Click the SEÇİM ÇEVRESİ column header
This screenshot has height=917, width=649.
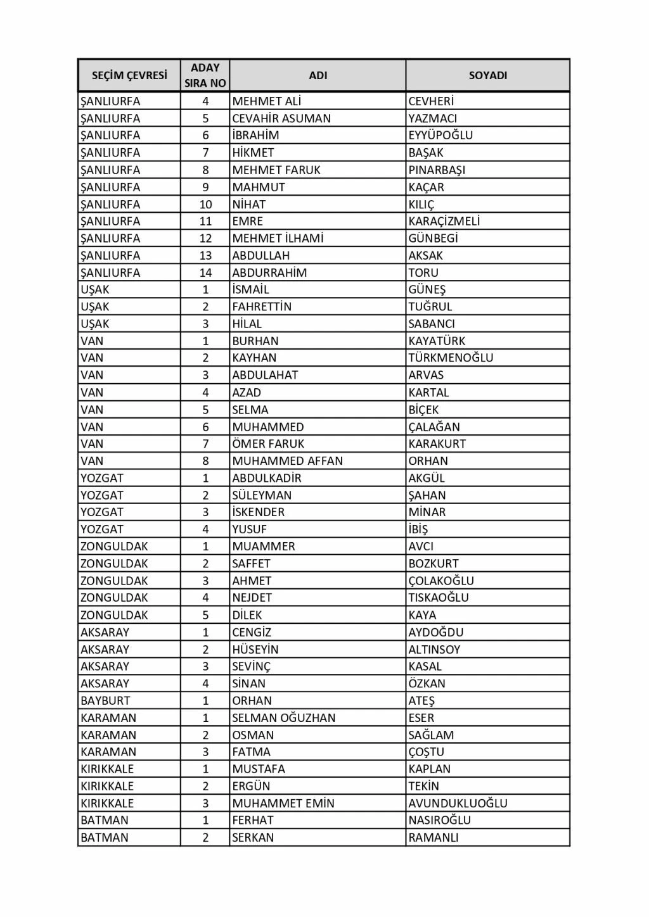click(129, 75)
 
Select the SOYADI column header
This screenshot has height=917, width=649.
click(487, 75)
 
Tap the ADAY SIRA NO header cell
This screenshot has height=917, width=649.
click(205, 75)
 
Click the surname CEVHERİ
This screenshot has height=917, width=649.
click(431, 101)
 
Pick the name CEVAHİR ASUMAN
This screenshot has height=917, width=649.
click(281, 118)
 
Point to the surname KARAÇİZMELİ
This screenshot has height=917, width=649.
click(444, 221)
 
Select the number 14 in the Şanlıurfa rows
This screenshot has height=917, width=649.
click(205, 273)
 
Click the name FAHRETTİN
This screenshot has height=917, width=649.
click(262, 307)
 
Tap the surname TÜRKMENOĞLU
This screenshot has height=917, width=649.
click(451, 358)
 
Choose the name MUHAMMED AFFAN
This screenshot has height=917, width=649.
click(287, 461)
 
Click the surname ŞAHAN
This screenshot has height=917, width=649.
click(427, 495)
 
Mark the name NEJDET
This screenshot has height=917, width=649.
click(252, 598)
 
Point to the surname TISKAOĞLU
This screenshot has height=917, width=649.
click(439, 598)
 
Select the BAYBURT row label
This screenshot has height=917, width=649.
click(105, 701)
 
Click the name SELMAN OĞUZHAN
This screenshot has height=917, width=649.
click(283, 718)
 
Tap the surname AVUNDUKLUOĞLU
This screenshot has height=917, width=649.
click(458, 804)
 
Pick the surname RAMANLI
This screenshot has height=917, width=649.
click(434, 838)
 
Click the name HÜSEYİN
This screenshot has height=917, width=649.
click(255, 650)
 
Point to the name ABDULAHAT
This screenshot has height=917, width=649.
click(265, 375)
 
